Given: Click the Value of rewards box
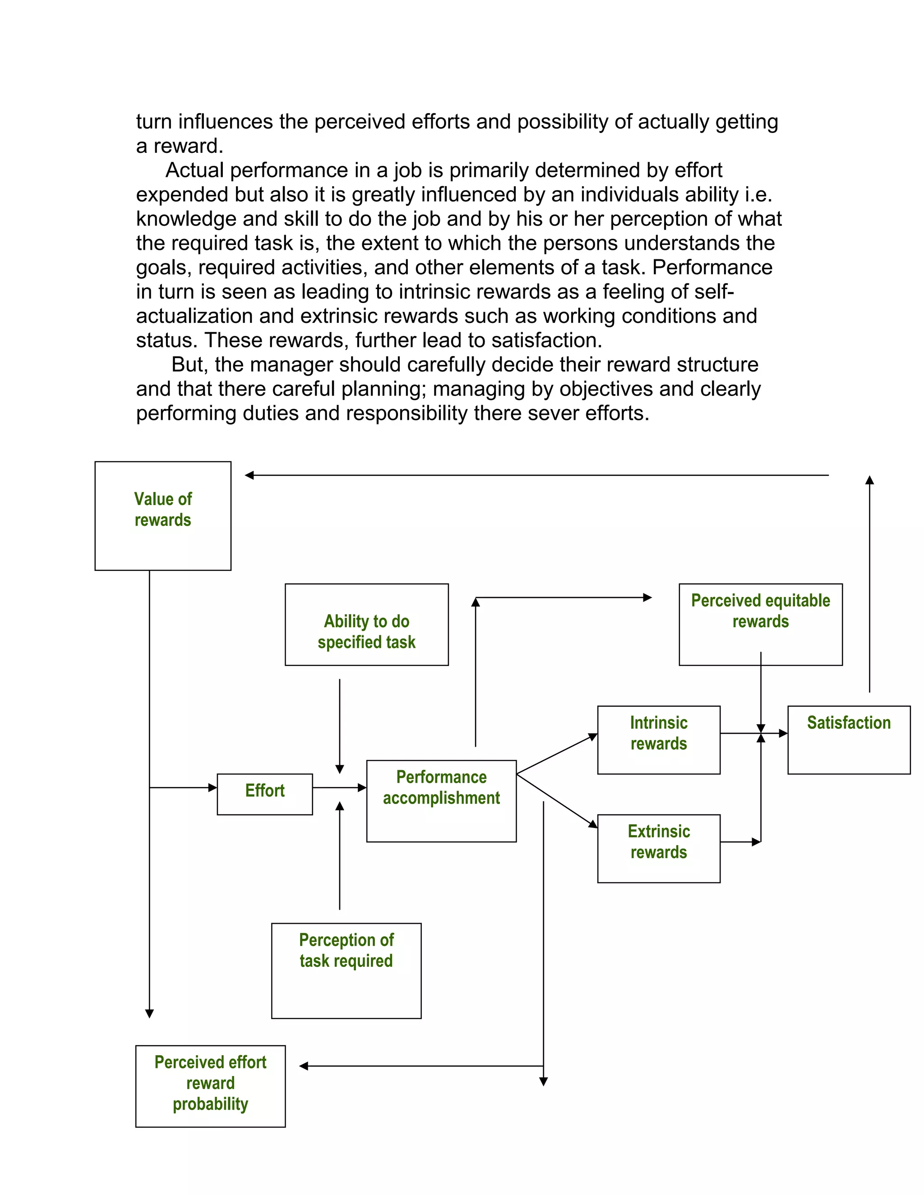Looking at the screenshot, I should pyautogui.click(x=162, y=515).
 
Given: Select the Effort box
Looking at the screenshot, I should pyautogui.click(x=264, y=794).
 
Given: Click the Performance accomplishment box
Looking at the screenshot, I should pyautogui.click(x=441, y=800).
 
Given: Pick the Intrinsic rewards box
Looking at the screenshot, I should pyautogui.click(x=659, y=739).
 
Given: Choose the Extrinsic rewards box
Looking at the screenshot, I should pyautogui.click(x=659, y=848).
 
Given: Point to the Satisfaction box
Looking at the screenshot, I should pyautogui.click(x=849, y=739).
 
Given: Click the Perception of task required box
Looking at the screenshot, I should pyautogui.click(x=346, y=971).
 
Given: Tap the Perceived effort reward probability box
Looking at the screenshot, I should pyautogui.click(x=210, y=1086).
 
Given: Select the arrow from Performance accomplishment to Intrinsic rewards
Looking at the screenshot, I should pyautogui.click(x=556, y=754).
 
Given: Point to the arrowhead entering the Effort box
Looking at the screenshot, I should pyautogui.click(x=213, y=787).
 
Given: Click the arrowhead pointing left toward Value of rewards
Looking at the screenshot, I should pyautogui.click(x=249, y=475).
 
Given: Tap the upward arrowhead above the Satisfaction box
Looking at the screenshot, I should pyautogui.click(x=869, y=480).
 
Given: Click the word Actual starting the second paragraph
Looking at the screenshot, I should pyautogui.click(x=194, y=170).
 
